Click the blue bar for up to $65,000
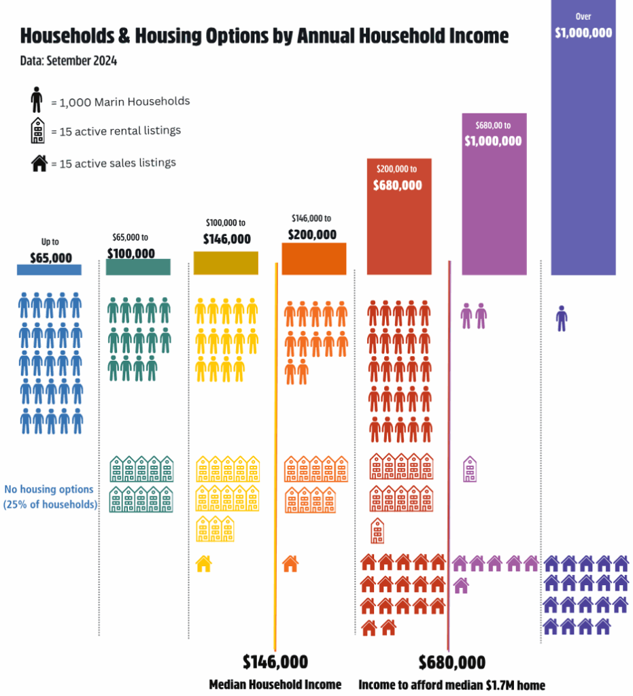49,269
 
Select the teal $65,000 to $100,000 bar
138,267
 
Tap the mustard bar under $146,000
226,263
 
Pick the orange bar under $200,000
313,259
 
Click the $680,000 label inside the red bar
398,185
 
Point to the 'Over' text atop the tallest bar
583,15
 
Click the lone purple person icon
561,317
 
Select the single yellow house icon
203,563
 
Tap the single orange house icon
290,563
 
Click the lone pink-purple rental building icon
470,469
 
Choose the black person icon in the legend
37,101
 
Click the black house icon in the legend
39,163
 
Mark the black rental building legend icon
37,130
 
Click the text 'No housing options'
49,489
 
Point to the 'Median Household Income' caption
275,684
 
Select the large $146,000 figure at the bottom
275,661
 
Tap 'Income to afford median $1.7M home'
451,684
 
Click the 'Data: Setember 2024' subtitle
69,61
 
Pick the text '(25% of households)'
50,504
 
